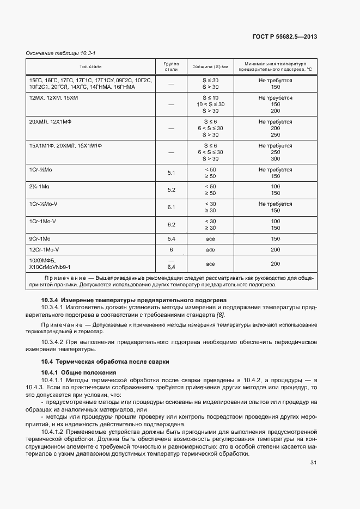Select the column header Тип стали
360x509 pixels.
(x=90, y=66)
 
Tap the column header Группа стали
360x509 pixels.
(x=171, y=66)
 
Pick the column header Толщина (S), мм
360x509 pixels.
(x=210, y=66)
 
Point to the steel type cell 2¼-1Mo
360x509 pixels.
(x=40, y=186)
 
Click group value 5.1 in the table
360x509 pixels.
(x=171, y=173)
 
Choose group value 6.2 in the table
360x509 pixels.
(x=171, y=224)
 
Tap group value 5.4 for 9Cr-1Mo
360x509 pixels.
(x=171, y=239)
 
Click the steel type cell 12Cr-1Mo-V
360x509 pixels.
(x=44, y=249)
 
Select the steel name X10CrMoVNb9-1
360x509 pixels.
(x=50, y=267)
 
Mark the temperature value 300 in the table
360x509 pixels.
(x=275, y=159)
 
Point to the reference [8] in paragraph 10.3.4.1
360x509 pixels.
(x=220, y=315)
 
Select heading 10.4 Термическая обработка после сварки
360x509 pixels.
(x=106, y=361)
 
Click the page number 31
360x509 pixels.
(x=313, y=463)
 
